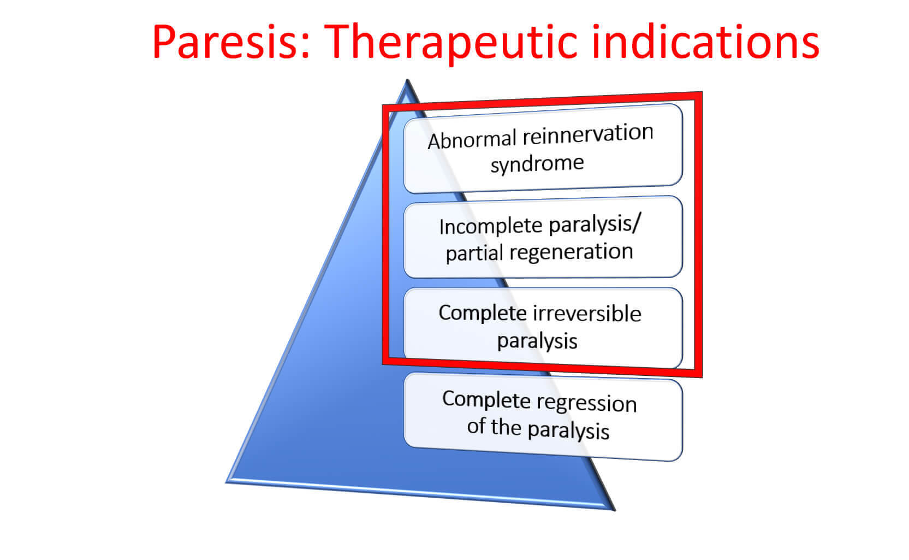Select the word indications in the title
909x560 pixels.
706,42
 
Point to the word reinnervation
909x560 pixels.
588,134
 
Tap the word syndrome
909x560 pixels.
537,164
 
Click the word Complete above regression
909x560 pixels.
486,399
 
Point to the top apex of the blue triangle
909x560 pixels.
407,80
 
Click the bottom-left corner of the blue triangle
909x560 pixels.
227,482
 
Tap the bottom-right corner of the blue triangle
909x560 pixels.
614,510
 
